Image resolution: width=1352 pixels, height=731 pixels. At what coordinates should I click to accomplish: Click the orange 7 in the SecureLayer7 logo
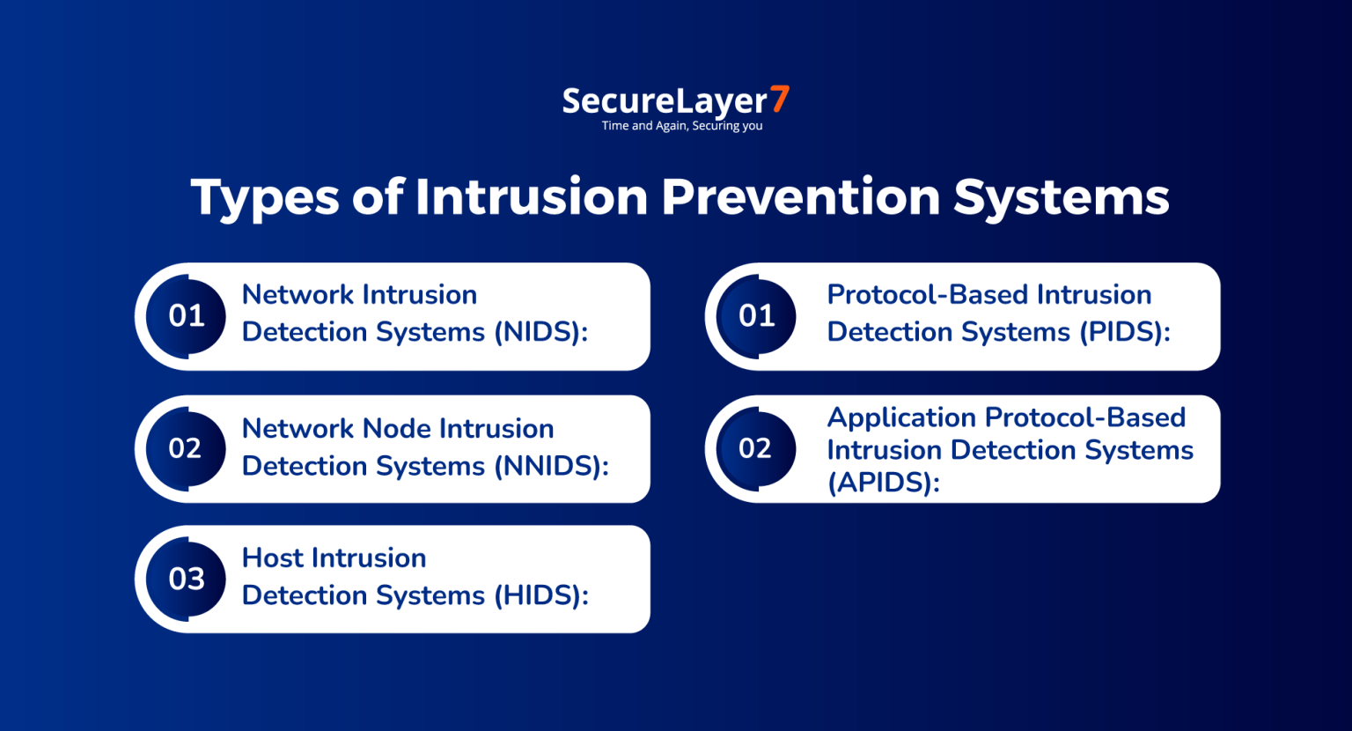(x=780, y=99)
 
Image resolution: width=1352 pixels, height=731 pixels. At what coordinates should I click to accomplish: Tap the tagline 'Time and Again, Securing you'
(x=682, y=126)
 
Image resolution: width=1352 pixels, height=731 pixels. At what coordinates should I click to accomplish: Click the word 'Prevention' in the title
(x=800, y=196)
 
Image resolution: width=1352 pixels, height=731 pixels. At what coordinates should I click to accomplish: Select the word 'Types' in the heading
(x=264, y=198)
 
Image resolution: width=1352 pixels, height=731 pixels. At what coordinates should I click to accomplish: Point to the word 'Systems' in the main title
(x=1062, y=198)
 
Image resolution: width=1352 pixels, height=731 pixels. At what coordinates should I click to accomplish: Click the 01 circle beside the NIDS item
(x=186, y=316)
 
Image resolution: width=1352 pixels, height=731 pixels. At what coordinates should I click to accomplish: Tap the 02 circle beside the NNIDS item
(x=186, y=448)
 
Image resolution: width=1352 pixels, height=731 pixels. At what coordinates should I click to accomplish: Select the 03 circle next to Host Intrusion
(x=186, y=579)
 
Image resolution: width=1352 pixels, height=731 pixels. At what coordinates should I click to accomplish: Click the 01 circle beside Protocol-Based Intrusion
(x=756, y=316)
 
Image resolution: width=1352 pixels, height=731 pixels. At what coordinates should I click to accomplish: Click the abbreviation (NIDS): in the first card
(x=540, y=332)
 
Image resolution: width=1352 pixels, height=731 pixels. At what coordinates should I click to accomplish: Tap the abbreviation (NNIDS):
(x=551, y=466)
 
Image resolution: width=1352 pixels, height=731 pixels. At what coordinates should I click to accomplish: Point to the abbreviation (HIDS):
(x=540, y=595)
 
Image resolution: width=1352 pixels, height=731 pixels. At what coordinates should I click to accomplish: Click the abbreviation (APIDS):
(x=883, y=483)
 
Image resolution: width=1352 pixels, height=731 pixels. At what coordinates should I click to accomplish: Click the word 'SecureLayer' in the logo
(x=665, y=101)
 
